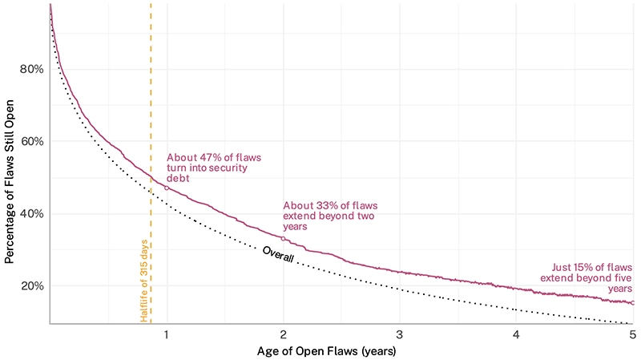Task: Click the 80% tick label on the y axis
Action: [30, 69]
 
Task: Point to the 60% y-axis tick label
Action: [30, 141]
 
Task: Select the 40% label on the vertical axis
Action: [30, 214]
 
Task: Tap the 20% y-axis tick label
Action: [30, 286]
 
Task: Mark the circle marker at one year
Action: [167, 188]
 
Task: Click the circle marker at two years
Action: [284, 238]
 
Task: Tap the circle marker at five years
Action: [632, 303]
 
